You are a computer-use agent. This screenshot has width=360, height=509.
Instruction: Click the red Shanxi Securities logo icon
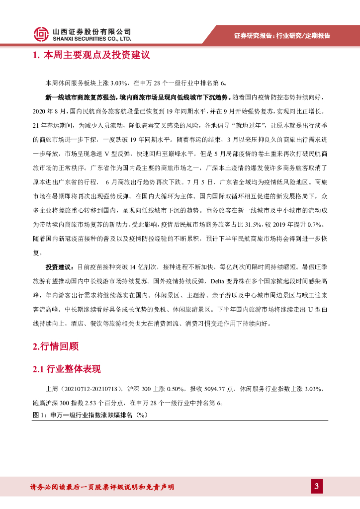coord(41,34)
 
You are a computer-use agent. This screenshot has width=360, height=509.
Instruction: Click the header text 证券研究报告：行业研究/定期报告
coord(281,36)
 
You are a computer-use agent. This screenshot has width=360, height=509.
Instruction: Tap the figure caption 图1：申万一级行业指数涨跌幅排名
coord(90,415)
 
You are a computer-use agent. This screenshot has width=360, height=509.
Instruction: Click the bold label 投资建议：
coord(59,267)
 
